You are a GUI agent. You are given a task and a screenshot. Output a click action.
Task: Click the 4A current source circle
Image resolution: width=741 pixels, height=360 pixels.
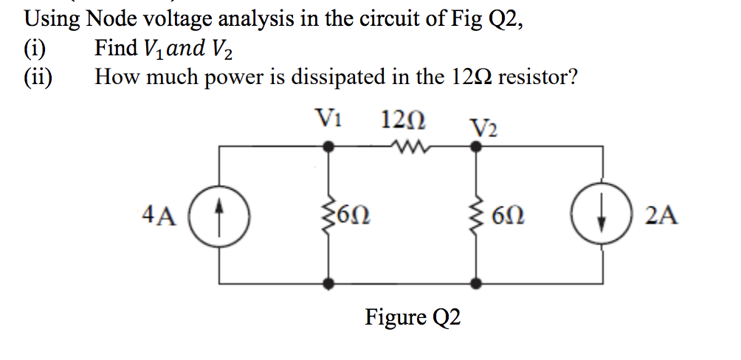click(x=220, y=215)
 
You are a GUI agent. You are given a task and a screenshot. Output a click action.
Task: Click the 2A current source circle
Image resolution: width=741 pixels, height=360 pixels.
click(x=603, y=215)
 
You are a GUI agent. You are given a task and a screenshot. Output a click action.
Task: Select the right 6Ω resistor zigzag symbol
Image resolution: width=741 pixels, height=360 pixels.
click(x=477, y=215)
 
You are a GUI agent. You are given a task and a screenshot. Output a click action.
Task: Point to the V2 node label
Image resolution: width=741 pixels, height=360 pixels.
click(x=483, y=127)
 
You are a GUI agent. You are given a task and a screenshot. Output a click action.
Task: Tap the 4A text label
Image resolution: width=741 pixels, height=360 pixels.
click(x=157, y=216)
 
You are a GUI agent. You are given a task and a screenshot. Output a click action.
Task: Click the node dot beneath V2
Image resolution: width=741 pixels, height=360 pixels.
click(x=477, y=147)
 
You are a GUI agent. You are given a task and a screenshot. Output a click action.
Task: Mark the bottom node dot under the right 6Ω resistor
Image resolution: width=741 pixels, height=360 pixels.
click(x=477, y=283)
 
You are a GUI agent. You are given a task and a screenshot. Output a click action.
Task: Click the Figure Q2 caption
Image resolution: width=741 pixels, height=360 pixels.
click(x=413, y=318)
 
